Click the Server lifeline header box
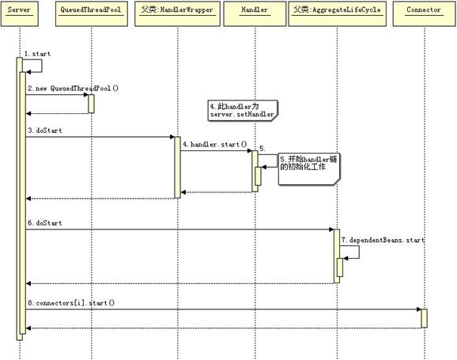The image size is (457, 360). [x=20, y=13]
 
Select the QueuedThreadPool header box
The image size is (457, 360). [x=92, y=13]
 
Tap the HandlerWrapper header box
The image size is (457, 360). [x=177, y=13]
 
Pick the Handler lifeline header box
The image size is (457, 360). [x=255, y=13]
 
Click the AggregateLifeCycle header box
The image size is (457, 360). [x=337, y=13]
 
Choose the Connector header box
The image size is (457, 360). [x=424, y=13]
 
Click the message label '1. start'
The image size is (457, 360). [x=37, y=54]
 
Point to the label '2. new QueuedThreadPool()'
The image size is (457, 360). [x=74, y=88]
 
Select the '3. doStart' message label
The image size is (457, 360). [x=45, y=131]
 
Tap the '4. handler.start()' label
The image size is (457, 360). [x=215, y=144]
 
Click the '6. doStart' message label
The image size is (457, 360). [x=45, y=223]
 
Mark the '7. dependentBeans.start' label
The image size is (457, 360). [x=383, y=240]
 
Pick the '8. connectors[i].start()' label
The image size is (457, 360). [x=71, y=303]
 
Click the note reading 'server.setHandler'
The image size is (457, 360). [x=243, y=111]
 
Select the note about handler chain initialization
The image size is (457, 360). [x=309, y=169]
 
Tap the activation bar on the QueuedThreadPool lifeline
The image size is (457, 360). [x=91, y=104]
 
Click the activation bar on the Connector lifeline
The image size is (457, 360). [x=425, y=319]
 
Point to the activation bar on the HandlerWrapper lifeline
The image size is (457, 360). [x=177, y=168]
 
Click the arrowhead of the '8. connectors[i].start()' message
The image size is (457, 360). [x=419, y=309]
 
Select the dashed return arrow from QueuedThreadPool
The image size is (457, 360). [x=57, y=113]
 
